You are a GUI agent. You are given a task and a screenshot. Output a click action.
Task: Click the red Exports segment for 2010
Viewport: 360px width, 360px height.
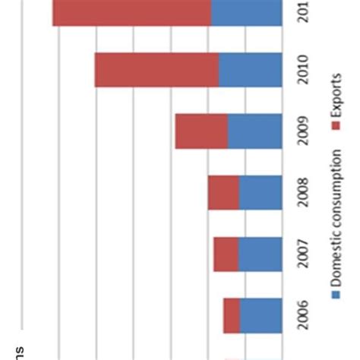pyautogui.click(x=156, y=70)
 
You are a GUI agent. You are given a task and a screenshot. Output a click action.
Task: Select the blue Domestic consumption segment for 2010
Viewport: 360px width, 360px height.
pyautogui.click(x=250, y=70)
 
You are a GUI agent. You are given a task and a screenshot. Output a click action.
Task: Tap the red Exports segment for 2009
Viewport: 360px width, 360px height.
pyautogui.click(x=201, y=131)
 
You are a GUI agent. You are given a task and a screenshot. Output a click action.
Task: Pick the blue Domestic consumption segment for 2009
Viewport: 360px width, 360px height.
pyautogui.click(x=254, y=131)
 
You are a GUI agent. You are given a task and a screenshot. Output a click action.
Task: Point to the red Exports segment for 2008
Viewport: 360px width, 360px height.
pyautogui.click(x=223, y=193)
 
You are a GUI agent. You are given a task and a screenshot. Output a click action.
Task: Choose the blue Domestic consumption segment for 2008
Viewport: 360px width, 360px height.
pyautogui.click(x=260, y=193)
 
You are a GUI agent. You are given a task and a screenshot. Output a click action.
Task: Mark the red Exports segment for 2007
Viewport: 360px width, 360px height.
pyautogui.click(x=226, y=254)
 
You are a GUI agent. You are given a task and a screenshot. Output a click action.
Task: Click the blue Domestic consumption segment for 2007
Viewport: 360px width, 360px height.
pyautogui.click(x=260, y=254)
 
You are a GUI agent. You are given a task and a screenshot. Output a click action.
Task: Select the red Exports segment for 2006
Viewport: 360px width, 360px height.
pyautogui.click(x=232, y=315)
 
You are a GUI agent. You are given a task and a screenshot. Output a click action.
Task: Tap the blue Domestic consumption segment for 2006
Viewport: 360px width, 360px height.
pyautogui.click(x=261, y=315)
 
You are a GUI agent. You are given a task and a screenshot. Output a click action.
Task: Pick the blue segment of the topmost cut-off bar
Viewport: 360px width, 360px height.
pyautogui.click(x=245, y=13)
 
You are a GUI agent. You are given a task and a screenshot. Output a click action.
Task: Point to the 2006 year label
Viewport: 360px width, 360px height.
pyautogui.click(x=303, y=315)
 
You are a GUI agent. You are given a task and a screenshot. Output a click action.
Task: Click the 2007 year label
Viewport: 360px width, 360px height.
pyautogui.click(x=303, y=254)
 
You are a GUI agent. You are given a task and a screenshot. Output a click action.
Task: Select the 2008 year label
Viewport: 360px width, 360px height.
pyautogui.click(x=303, y=193)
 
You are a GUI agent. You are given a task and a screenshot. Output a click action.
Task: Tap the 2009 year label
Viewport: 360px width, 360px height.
pyautogui.click(x=303, y=132)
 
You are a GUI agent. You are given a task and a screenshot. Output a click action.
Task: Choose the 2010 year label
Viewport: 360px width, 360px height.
pyautogui.click(x=303, y=71)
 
